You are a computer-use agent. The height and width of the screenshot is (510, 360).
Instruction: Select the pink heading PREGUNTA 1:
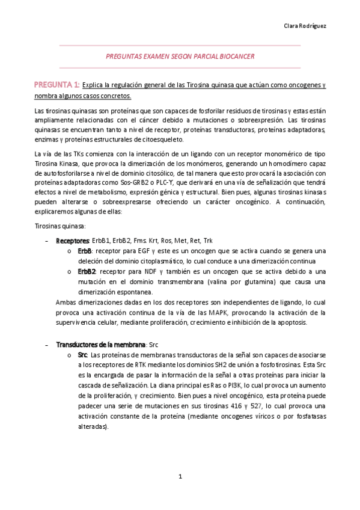[56, 85]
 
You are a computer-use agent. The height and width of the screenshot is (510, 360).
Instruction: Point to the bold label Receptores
[72, 241]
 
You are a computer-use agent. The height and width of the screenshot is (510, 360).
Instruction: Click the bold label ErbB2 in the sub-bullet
[87, 272]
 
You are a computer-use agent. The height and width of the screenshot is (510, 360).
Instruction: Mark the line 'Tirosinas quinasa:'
[60, 226]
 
